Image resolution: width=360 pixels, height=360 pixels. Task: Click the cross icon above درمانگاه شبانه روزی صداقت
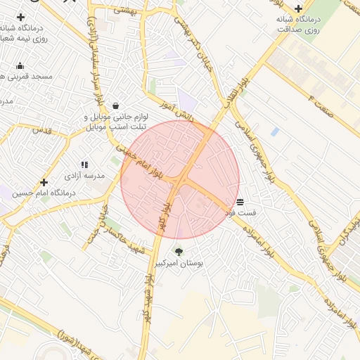pyautogui.click(x=298, y=8)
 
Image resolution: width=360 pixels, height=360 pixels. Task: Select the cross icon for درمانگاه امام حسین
pyautogui.click(x=44, y=182)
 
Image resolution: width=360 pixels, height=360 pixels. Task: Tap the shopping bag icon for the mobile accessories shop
pyautogui.click(x=115, y=105)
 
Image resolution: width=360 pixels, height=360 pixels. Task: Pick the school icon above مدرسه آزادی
pyautogui.click(x=84, y=165)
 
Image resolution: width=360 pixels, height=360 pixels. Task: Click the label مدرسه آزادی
pyautogui.click(x=85, y=175)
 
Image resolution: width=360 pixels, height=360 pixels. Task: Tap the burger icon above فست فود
pyautogui.click(x=240, y=201)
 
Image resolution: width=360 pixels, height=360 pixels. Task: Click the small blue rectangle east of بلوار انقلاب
pyautogui.click(x=274, y=131)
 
